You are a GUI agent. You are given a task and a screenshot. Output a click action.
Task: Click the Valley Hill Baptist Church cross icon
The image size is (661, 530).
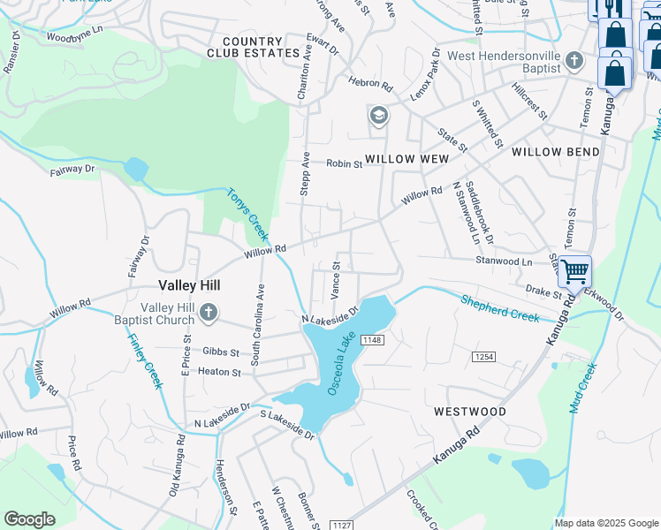point(208,313)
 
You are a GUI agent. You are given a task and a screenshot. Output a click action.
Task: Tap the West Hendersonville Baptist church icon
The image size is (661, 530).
point(575,61)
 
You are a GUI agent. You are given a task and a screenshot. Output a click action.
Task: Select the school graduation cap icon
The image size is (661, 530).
point(378,116)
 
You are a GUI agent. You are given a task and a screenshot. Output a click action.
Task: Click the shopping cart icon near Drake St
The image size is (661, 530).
point(574,271)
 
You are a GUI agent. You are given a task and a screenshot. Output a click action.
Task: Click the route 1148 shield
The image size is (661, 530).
point(372,340)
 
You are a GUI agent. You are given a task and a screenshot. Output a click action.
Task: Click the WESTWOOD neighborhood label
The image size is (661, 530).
point(470,412)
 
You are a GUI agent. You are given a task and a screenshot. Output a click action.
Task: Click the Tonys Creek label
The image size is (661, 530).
point(247,214)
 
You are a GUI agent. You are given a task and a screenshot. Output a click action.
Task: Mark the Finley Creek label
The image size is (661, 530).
point(144,360)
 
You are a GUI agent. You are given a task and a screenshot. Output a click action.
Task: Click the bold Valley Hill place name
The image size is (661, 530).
point(188,285)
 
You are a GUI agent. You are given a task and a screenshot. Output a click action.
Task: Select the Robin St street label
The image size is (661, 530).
point(344,164)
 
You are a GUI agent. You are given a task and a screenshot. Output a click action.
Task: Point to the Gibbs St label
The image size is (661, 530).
point(221,352)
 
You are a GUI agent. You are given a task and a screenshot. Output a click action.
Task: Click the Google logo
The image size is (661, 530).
point(30,519)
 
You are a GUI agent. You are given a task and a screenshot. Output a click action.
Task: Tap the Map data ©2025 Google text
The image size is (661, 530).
point(605,523)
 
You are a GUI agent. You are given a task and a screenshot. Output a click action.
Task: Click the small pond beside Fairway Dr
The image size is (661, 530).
point(136,167)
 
